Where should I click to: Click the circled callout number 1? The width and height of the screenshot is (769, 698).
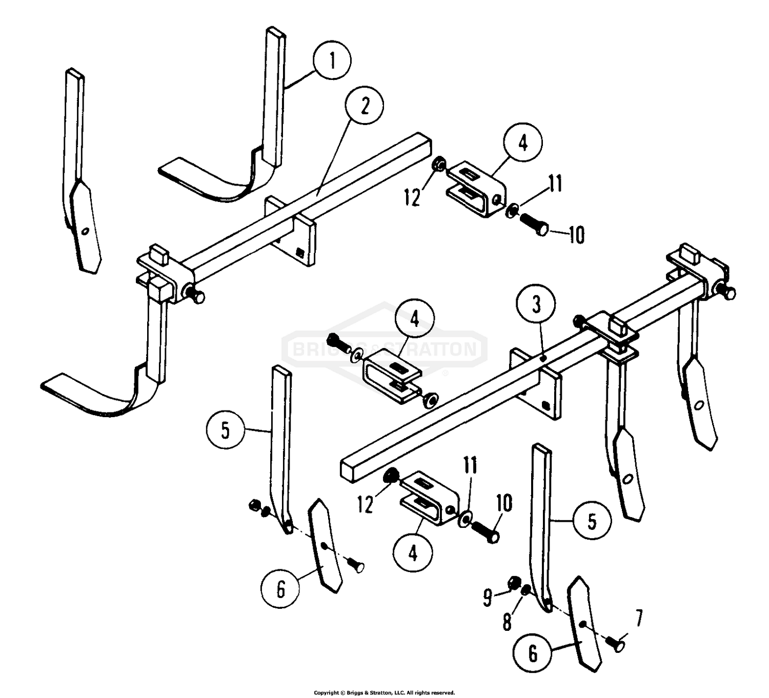[x=332, y=61]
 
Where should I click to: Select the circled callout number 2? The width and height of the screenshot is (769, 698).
[x=365, y=106]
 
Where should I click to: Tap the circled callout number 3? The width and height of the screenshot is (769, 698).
[x=536, y=305]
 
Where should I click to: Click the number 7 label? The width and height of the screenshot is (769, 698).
[x=638, y=619]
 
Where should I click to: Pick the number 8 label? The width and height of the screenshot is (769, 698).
[x=507, y=622]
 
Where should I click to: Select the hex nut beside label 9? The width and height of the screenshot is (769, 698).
[x=513, y=583]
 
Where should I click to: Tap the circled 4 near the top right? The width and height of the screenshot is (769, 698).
[x=523, y=143]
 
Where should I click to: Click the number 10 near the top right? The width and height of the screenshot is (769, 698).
[x=576, y=235]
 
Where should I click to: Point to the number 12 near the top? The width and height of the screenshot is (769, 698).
[x=412, y=197]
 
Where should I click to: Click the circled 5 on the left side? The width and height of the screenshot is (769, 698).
[x=226, y=430]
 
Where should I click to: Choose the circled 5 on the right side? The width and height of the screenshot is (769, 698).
[x=592, y=521]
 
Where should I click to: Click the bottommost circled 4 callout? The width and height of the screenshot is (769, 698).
[x=413, y=553]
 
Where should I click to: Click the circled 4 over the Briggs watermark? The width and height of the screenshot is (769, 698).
[x=415, y=320]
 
